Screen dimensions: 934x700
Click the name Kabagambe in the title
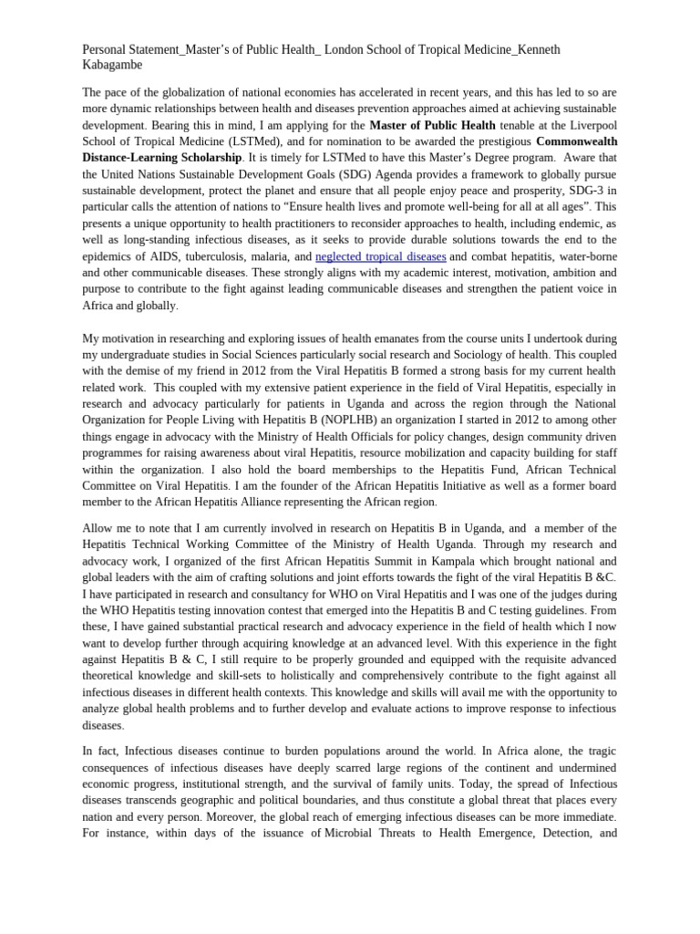112,66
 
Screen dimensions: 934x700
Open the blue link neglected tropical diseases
380,257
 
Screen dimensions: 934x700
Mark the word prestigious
492,141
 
